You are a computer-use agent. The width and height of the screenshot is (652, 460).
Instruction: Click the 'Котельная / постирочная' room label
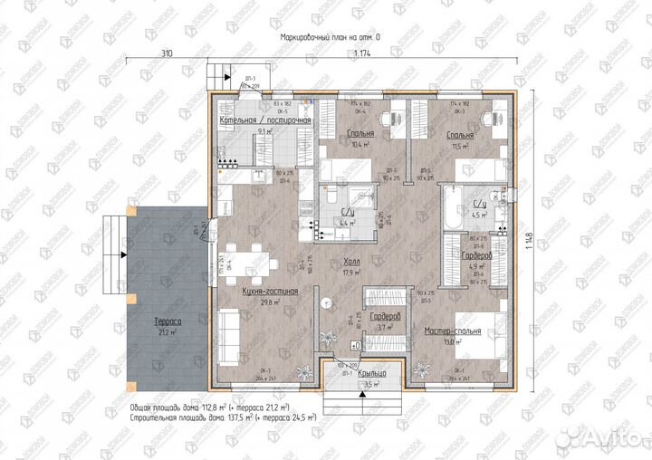click(265, 120)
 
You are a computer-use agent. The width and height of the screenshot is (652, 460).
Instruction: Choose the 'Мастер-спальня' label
click(453, 331)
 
